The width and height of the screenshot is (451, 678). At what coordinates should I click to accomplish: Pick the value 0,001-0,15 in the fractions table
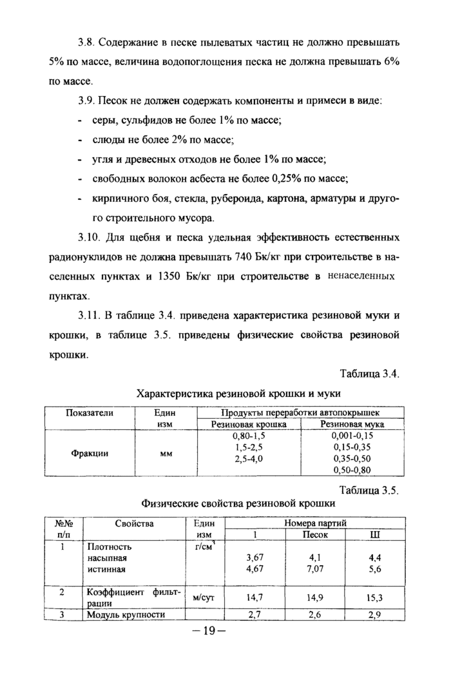352,436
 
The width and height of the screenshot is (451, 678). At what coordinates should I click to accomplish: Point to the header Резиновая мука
352,424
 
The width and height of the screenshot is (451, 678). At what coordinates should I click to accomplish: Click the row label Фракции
90,452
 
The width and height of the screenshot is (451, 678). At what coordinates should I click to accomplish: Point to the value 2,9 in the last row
374,615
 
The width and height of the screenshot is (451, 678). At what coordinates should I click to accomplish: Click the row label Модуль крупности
126,615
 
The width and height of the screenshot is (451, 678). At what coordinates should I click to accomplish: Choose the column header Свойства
134,523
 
